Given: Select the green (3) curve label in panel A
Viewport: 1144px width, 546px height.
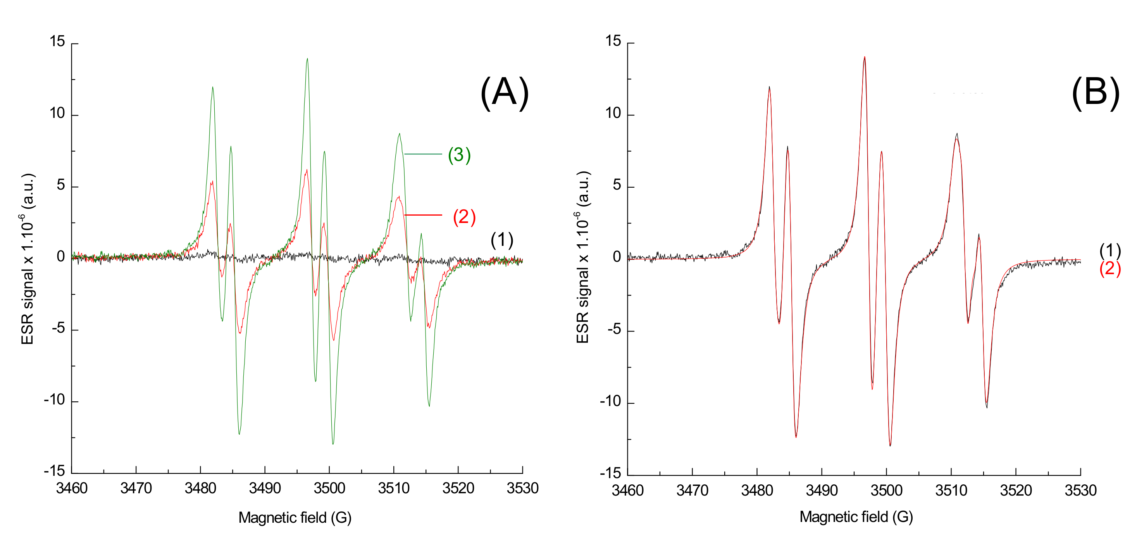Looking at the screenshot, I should click(x=459, y=155).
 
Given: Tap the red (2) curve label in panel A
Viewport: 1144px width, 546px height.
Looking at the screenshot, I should click(x=464, y=217).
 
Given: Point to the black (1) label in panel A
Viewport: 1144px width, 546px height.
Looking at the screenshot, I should click(x=502, y=240).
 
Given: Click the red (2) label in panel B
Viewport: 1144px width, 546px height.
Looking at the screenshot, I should click(x=1110, y=269).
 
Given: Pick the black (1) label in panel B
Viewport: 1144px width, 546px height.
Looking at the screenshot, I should click(x=1110, y=251).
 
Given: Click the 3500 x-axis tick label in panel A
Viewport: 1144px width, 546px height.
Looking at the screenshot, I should click(x=329, y=488).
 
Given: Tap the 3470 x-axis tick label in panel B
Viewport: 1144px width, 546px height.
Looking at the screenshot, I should click(x=692, y=491).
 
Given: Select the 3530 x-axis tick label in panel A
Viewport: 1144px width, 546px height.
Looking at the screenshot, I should click(x=522, y=488).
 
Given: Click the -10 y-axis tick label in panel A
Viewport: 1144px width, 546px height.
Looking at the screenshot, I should click(x=54, y=400).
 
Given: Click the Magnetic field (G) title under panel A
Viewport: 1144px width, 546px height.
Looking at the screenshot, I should click(x=295, y=518).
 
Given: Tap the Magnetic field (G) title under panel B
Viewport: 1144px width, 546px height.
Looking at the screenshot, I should click(x=856, y=517).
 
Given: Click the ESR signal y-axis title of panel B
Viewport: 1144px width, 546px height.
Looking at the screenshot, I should click(x=583, y=257).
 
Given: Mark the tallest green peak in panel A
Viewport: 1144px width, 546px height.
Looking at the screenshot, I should click(x=307, y=59).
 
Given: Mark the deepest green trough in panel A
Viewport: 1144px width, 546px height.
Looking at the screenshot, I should click(x=333, y=443).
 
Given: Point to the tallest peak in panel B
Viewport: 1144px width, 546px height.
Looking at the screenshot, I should click(x=864, y=57).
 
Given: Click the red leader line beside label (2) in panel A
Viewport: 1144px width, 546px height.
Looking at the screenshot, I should click(x=423, y=215).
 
